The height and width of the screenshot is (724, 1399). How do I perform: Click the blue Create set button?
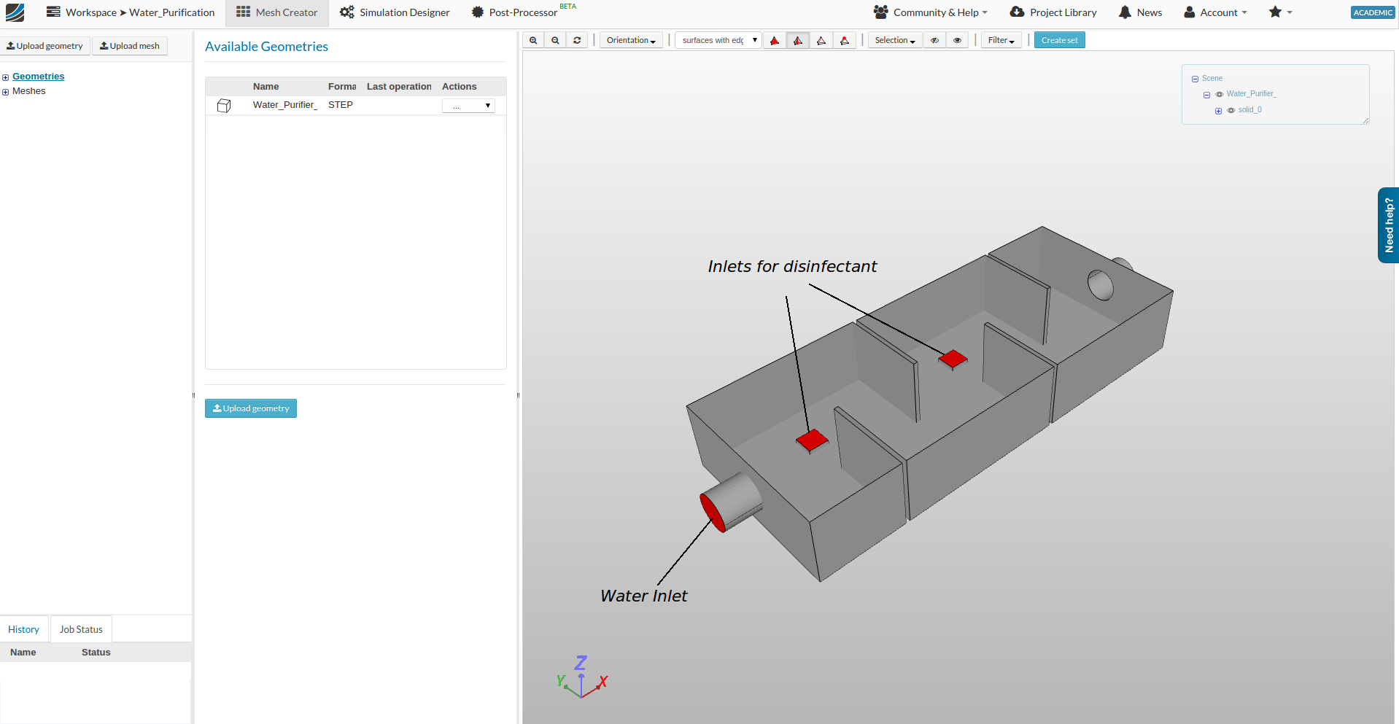click(x=1059, y=40)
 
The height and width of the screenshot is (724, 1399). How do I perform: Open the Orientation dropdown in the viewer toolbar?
click(x=631, y=40)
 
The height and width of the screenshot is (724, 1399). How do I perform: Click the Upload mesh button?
click(x=130, y=46)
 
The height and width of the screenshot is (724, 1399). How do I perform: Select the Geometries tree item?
click(x=38, y=77)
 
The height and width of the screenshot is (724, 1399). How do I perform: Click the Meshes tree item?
click(x=28, y=91)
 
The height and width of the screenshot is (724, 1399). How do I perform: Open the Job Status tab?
click(x=81, y=629)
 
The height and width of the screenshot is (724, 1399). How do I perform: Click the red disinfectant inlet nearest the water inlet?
click(x=812, y=440)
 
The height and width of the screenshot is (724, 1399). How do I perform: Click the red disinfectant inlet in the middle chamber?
click(x=953, y=359)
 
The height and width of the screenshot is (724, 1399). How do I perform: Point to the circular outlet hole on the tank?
click(x=1100, y=285)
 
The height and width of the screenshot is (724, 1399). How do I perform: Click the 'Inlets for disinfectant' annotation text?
click(x=792, y=267)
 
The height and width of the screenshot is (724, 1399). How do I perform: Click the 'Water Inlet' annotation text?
click(x=643, y=596)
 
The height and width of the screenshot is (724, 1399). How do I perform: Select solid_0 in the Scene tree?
click(x=1249, y=110)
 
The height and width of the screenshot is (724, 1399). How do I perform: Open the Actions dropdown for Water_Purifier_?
click(x=468, y=106)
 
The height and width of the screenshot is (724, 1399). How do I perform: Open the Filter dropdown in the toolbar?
click(x=1001, y=40)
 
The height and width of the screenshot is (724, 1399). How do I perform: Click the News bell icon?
click(x=1125, y=12)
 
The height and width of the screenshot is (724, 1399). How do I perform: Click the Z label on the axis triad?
click(x=581, y=663)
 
